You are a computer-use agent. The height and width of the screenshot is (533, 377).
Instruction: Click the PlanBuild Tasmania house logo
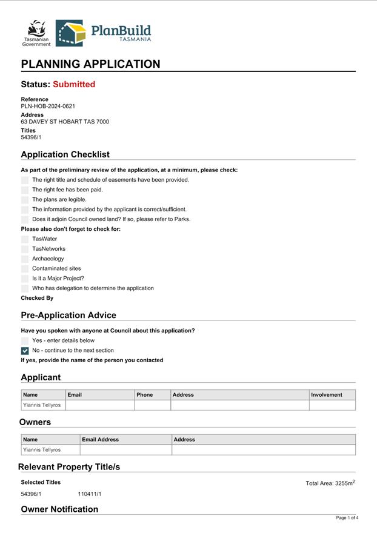(x=70, y=33)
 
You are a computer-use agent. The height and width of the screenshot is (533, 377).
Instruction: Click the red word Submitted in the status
(x=74, y=84)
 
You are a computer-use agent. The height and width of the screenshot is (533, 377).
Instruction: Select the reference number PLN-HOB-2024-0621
(x=48, y=106)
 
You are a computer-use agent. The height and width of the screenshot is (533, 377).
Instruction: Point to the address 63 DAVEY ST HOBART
(x=65, y=122)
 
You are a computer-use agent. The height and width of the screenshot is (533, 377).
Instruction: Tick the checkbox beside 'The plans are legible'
(x=25, y=199)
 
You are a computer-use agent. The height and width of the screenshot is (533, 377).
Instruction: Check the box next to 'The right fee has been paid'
(x=25, y=190)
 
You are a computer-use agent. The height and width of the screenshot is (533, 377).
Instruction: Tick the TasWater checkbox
(x=25, y=239)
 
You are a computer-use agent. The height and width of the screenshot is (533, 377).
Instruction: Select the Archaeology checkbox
(x=25, y=259)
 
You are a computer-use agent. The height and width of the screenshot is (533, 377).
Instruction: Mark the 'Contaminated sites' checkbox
(x=25, y=268)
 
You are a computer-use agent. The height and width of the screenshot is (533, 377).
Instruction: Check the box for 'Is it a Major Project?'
(x=25, y=279)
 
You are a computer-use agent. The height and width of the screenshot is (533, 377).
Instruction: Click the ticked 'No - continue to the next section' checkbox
(x=25, y=351)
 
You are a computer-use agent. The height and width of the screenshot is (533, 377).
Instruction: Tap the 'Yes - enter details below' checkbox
(x=25, y=340)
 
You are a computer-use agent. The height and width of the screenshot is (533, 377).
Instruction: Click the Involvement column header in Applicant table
(x=326, y=395)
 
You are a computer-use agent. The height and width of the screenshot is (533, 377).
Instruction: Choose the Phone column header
(x=145, y=395)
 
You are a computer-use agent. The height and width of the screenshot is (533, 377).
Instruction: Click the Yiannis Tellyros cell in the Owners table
(x=42, y=450)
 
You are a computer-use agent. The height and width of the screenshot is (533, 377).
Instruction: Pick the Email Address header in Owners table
(x=101, y=440)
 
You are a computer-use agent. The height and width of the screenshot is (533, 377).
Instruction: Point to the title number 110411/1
(x=90, y=494)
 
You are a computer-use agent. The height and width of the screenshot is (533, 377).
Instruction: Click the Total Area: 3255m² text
(x=330, y=483)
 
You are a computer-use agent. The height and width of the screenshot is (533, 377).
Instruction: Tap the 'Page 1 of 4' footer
(x=347, y=518)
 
